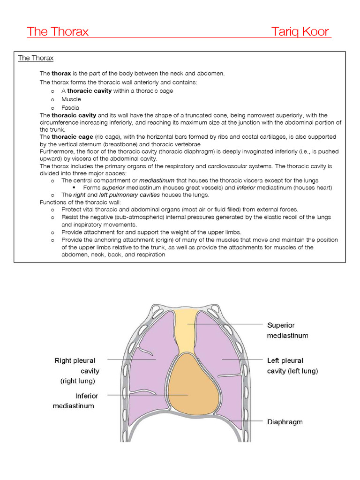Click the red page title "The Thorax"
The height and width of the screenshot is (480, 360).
(58, 32)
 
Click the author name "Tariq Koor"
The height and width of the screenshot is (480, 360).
(300, 32)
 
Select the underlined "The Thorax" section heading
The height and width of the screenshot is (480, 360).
(36, 58)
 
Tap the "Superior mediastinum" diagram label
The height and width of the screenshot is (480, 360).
(287, 330)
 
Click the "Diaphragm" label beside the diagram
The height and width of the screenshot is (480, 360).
(285, 422)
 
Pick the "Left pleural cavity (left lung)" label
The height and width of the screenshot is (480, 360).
(292, 366)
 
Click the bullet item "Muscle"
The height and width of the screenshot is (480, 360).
(71, 99)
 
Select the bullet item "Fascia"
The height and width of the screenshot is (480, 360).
(70, 107)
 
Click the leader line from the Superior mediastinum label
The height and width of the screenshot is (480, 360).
(225, 324)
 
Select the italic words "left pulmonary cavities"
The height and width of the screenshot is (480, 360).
(129, 195)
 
